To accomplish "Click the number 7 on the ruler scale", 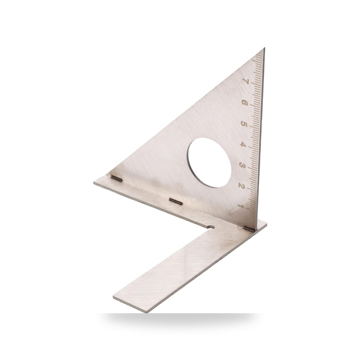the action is (246, 81).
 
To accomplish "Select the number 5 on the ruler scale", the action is (243, 123).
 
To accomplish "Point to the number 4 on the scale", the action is (243, 145).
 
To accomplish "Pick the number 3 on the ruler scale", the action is (242, 165).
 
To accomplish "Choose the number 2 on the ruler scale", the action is (242, 185).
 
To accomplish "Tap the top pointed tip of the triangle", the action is (265, 48).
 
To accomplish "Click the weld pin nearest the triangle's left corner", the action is (116, 179).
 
